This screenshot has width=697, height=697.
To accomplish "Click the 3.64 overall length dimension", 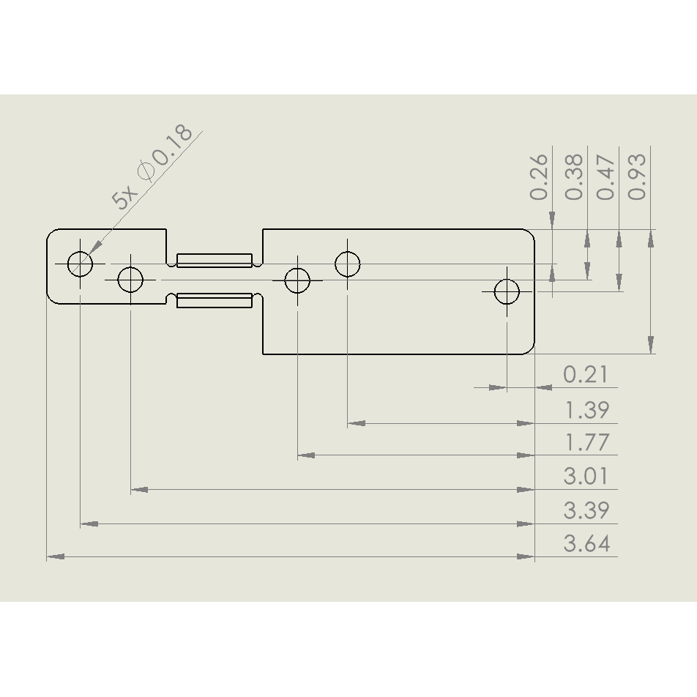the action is [586, 544].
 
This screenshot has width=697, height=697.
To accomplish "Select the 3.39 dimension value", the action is [586, 510].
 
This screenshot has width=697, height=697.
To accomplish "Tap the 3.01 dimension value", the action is [586, 476].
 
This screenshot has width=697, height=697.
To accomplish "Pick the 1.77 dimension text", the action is [586, 442].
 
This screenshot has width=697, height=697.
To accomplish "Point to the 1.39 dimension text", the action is [586, 410].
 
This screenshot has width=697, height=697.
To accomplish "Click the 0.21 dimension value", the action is [586, 374].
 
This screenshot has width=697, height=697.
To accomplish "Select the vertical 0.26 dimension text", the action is [539, 176].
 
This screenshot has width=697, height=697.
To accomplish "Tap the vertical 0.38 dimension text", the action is [574, 176].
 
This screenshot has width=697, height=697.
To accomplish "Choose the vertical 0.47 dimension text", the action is [605, 176].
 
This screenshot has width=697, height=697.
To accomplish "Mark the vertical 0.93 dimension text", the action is [636, 176].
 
